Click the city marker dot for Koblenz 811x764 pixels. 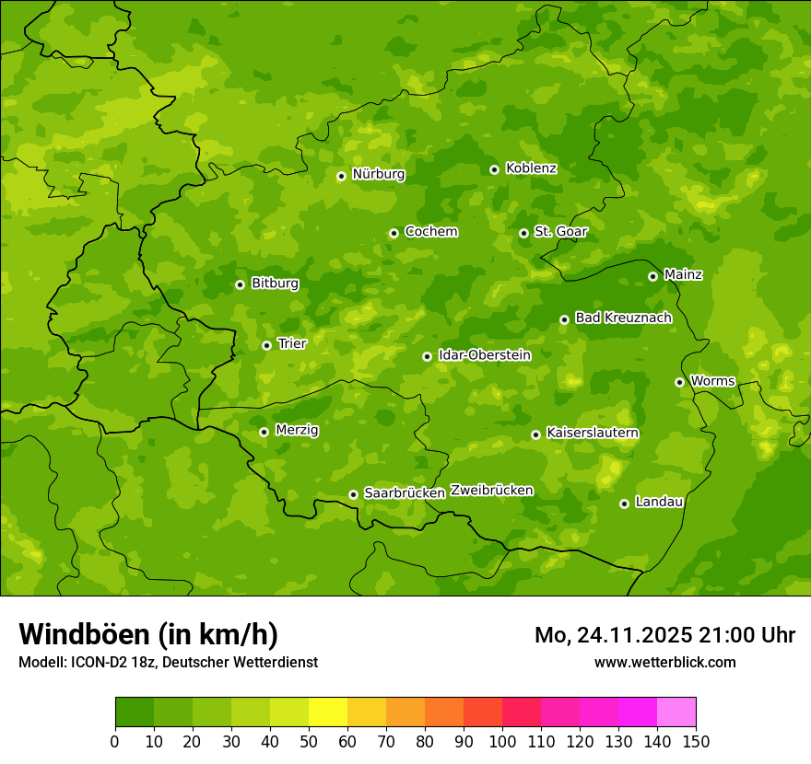(494, 169)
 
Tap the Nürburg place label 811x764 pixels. (378, 174)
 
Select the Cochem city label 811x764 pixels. (430, 232)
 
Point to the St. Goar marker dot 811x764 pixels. (523, 233)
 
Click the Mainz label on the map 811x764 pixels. (683, 275)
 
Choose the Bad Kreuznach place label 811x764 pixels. (623, 318)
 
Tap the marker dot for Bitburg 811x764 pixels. (240, 284)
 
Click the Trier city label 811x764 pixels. (291, 343)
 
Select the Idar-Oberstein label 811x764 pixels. (484, 355)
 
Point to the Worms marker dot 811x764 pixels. (679, 382)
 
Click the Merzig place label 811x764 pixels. (297, 430)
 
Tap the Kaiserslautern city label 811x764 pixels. (593, 433)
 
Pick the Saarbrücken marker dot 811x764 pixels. (353, 494)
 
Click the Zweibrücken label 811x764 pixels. (491, 491)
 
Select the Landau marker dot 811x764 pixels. (624, 504)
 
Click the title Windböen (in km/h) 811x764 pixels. (148, 634)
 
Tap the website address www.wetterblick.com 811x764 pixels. (664, 662)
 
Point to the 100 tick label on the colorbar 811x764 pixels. (502, 741)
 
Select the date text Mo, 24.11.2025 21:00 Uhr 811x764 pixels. (664, 635)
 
